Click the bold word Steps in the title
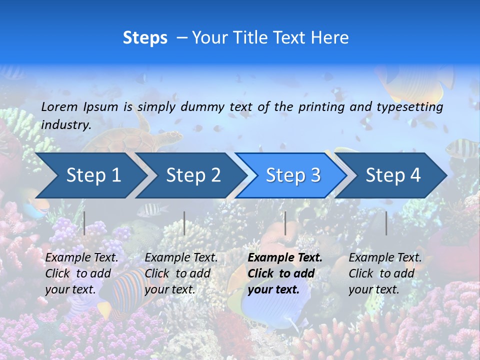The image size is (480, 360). (x=145, y=38)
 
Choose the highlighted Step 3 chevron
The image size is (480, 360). (x=293, y=175)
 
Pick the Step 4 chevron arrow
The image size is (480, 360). (x=393, y=175)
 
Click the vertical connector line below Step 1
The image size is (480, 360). (x=84, y=223)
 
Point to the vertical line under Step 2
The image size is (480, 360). (x=184, y=223)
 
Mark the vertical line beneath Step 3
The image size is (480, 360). (x=285, y=223)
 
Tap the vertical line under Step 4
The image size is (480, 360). (x=386, y=223)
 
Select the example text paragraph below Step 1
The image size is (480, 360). (x=81, y=273)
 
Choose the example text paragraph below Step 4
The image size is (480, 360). (x=384, y=273)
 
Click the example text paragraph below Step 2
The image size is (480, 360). (x=181, y=273)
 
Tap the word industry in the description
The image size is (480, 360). (x=65, y=124)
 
